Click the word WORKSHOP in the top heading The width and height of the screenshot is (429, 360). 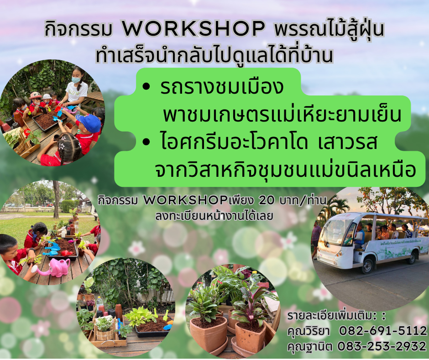[194, 28]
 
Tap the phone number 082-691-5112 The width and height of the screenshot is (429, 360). [383, 331]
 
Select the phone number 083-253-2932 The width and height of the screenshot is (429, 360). [382, 346]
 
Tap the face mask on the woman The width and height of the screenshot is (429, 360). [76, 80]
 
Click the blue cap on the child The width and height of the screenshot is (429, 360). [89, 123]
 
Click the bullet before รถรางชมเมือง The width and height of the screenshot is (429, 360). [146, 87]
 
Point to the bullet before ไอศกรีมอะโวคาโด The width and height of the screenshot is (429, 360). [146, 142]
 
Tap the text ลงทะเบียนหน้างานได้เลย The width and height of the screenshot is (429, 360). [214, 216]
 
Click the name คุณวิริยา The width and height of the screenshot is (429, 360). [309, 331]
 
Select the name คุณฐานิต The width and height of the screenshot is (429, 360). [310, 347]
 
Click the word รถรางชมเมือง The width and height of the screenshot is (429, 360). [222, 87]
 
